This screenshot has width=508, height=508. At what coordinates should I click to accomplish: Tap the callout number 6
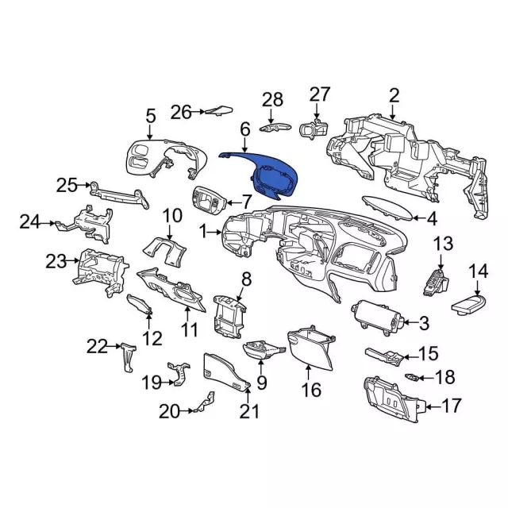coord(244,128)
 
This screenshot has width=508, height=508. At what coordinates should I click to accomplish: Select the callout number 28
coord(272,99)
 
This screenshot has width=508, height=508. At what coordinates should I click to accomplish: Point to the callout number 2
coord(394,96)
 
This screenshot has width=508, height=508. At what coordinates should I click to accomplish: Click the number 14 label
coord(478,271)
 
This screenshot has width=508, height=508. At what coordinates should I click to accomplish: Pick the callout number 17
coord(450,406)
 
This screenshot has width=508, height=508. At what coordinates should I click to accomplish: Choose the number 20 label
coord(169,411)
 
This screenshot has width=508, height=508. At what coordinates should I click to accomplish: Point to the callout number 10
coord(172,214)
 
